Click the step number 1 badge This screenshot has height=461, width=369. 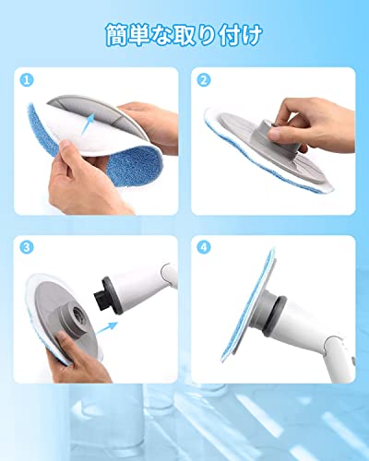click(27, 80)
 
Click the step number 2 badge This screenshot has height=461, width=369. click(204, 80)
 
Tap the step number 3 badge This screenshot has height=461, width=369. click(27, 247)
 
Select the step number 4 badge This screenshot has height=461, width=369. click(204, 247)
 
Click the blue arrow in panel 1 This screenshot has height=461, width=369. click(89, 123)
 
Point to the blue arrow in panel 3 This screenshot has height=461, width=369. click(107, 328)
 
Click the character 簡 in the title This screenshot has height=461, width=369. click(118, 35)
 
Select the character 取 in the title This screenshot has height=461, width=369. click(186, 35)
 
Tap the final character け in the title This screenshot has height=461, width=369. click(252, 35)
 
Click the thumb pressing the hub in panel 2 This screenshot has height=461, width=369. click(280, 134)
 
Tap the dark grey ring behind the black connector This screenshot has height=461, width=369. click(112, 295)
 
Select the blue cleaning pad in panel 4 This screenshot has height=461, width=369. click(248, 304)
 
